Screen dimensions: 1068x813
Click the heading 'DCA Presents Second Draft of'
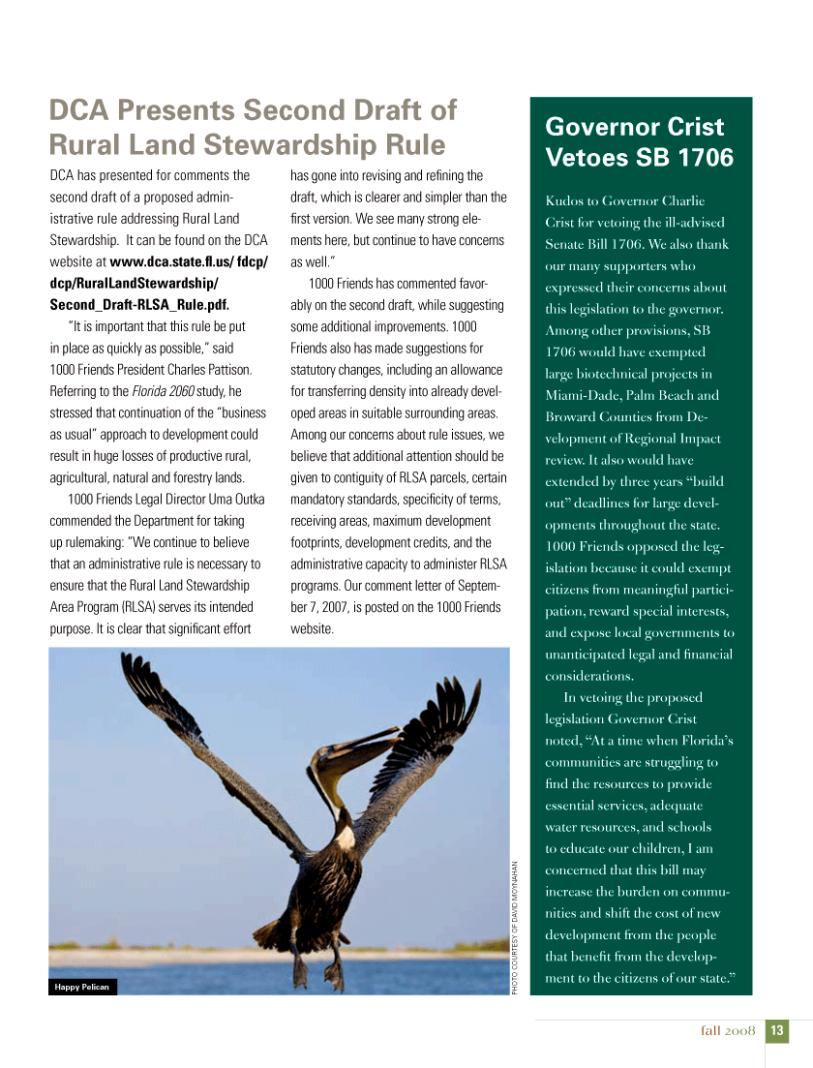coord(253,110)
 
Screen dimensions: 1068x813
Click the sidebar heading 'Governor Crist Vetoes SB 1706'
coord(640,141)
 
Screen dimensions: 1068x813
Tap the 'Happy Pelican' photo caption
coord(82,987)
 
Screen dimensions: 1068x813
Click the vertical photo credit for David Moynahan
coord(516,927)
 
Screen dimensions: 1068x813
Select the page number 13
coord(777,1031)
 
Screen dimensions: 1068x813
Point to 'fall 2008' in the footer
coord(728,1031)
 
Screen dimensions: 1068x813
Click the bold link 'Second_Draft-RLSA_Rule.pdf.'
coord(139,305)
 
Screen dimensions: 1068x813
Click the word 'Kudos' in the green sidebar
coord(564,201)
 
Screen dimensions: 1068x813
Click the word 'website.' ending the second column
coord(312,629)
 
